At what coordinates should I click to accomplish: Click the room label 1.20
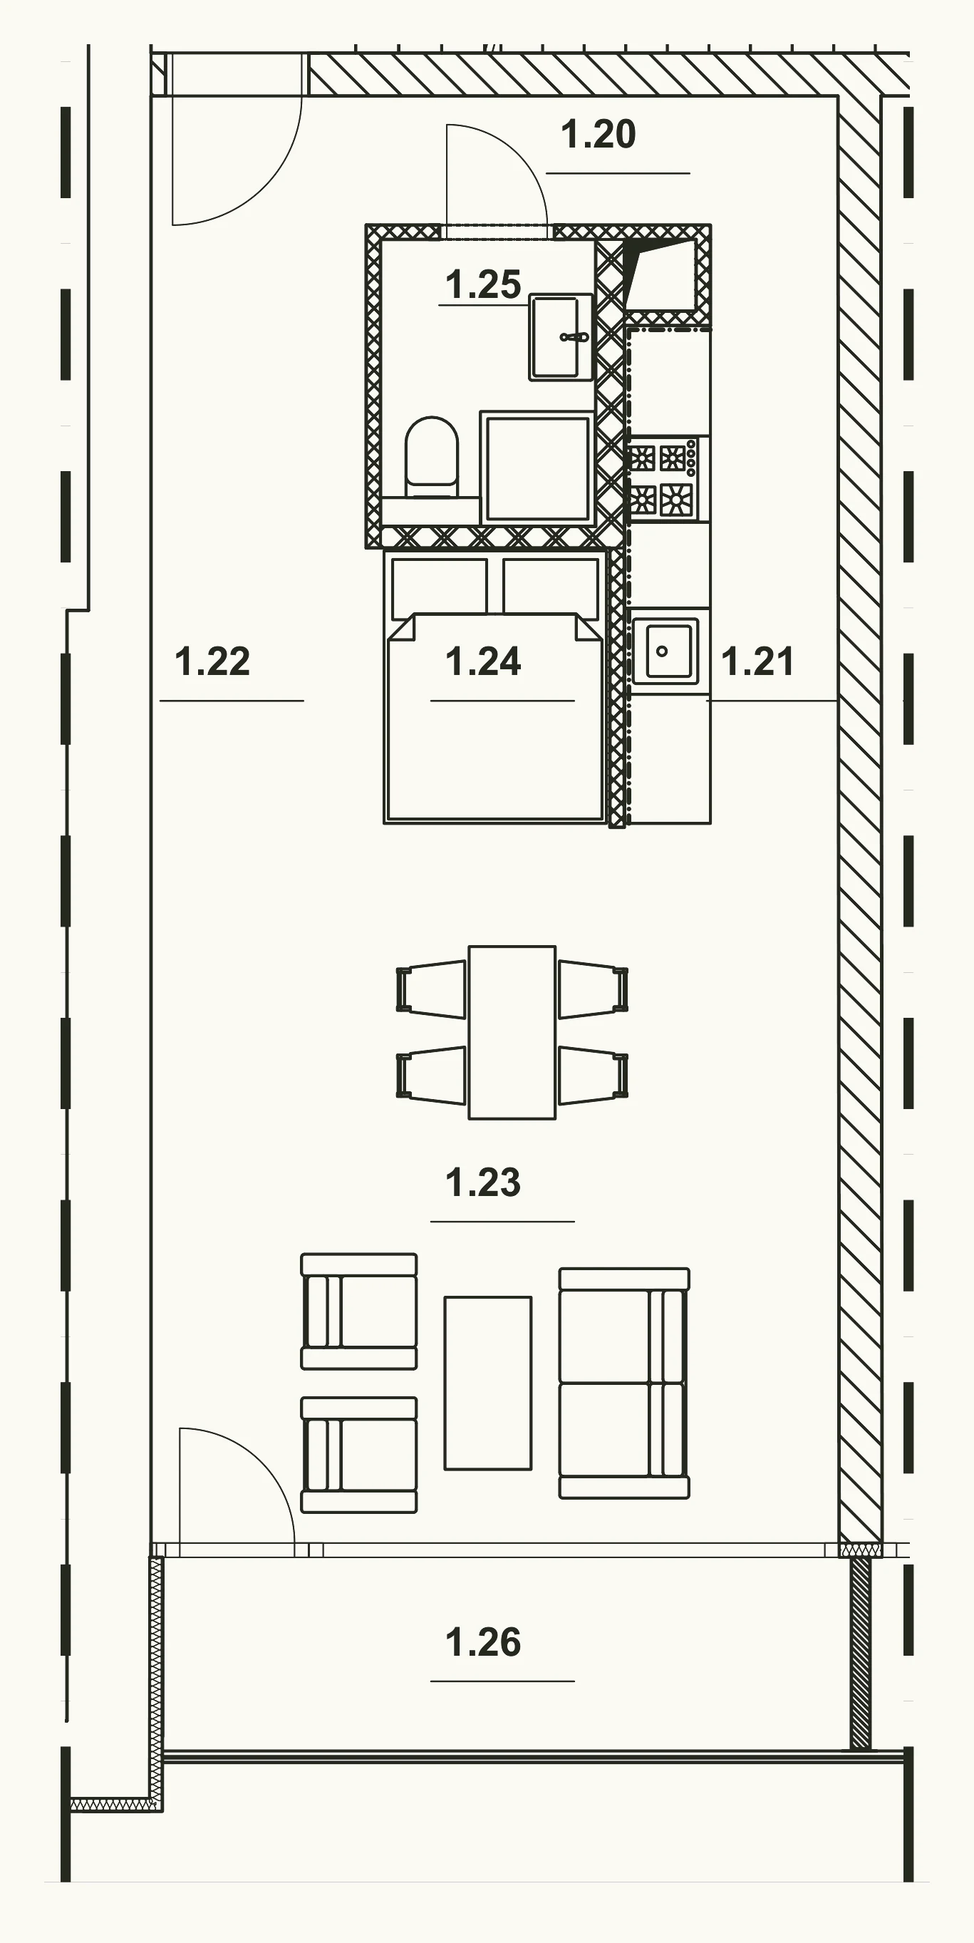[x=599, y=135]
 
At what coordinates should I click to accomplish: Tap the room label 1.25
[x=483, y=285]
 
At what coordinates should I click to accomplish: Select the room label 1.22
[x=212, y=661]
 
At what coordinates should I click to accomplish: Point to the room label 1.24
[x=483, y=661]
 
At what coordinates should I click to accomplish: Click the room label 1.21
[x=757, y=661]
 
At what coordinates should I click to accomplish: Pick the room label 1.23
[x=483, y=1182]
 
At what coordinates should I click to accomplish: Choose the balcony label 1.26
[x=483, y=1642]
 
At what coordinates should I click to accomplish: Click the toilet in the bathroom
[x=431, y=457]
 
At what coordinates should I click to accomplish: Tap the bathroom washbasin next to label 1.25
[x=560, y=337]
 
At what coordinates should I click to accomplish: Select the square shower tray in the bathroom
[x=537, y=468]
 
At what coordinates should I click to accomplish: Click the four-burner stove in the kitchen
[x=664, y=478]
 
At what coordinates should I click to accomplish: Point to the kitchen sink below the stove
[x=664, y=651]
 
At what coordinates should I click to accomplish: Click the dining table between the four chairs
[x=512, y=1033]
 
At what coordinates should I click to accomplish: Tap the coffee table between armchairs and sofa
[x=488, y=1383]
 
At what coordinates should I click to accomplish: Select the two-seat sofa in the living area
[x=624, y=1383]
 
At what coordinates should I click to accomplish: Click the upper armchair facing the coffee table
[x=359, y=1311]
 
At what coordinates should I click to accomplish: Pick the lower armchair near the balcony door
[x=359, y=1455]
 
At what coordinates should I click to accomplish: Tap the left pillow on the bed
[x=439, y=585]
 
